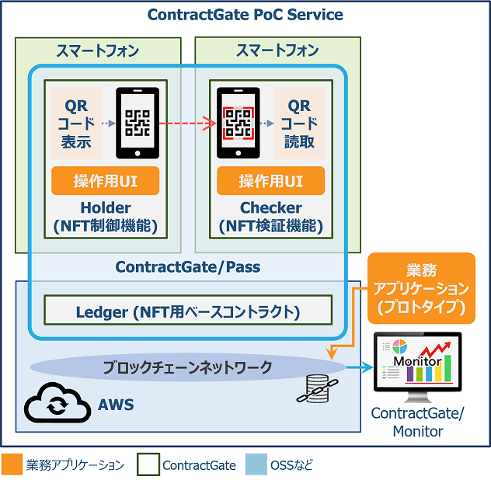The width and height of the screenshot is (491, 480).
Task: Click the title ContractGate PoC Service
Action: pyautogui.click(x=245, y=15)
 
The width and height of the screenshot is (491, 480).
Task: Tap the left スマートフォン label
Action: pyautogui.click(x=98, y=50)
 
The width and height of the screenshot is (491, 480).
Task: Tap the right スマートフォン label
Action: pyautogui.click(x=277, y=50)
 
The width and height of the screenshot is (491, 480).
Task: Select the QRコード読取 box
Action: pyautogui.click(x=299, y=123)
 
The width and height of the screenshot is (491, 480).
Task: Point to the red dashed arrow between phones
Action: pyautogui.click(x=186, y=123)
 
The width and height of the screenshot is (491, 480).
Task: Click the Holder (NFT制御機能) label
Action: pyautogui.click(x=106, y=217)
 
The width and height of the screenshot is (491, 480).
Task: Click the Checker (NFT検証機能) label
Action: pyautogui.click(x=271, y=217)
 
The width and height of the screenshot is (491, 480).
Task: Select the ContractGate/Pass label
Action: pyautogui.click(x=187, y=267)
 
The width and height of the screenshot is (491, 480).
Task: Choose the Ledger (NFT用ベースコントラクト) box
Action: pyautogui.click(x=187, y=312)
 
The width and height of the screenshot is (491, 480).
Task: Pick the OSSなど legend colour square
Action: pyautogui.click(x=253, y=464)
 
